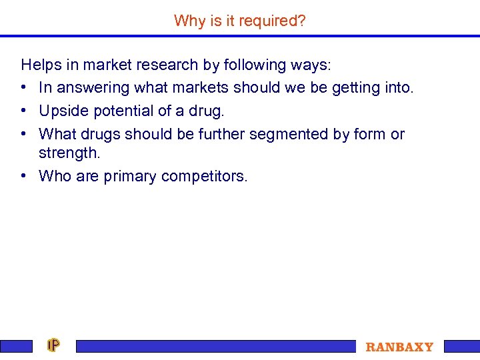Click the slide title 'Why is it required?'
[x=240, y=21]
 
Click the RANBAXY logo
[x=399, y=347]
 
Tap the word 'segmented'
[x=286, y=134]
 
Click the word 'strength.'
[x=69, y=153]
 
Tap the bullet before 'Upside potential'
[x=24, y=111]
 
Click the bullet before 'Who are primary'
[x=24, y=176]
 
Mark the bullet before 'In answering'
[x=24, y=87]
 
